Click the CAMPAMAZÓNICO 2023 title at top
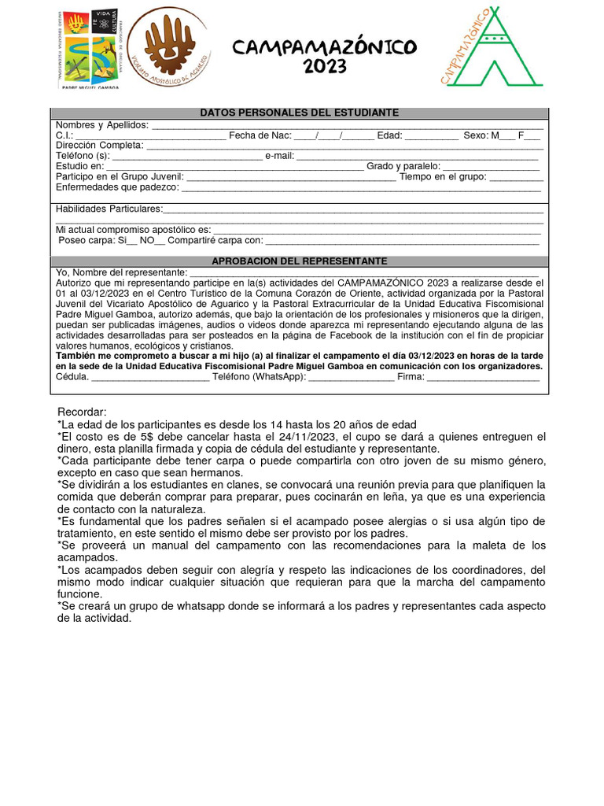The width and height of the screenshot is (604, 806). click(x=324, y=57)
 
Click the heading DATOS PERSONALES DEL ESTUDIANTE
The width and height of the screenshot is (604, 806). click(x=299, y=113)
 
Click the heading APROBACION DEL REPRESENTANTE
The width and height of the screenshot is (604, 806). click(x=299, y=261)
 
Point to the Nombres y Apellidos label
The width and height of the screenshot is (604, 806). click(x=101, y=125)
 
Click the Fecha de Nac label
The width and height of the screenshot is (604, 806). click(x=260, y=135)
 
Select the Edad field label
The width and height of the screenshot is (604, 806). click(x=389, y=135)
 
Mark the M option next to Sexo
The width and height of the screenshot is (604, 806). click(x=495, y=135)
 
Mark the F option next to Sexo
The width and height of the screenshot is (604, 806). click(x=521, y=135)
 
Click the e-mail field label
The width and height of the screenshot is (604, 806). click(x=279, y=156)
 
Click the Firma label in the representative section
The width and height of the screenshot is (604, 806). click(x=411, y=376)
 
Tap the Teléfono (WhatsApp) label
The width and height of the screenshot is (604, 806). click(x=258, y=376)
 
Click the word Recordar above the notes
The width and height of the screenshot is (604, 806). click(x=82, y=413)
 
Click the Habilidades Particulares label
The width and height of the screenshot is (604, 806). click(x=109, y=209)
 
